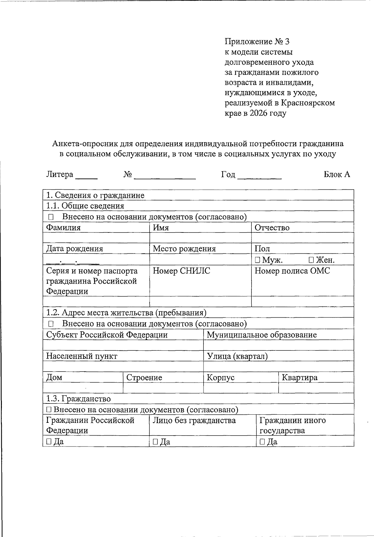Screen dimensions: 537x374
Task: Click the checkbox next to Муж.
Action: [257, 260]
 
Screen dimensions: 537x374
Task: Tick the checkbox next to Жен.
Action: [311, 260]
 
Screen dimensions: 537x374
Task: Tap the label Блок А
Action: [337, 174]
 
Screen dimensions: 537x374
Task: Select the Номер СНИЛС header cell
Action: [181, 271]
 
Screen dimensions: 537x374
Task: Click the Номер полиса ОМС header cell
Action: [292, 271]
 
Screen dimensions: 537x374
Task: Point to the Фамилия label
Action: [63, 227]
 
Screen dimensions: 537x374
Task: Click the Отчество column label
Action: [272, 227]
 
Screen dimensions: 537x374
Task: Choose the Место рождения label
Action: [184, 249]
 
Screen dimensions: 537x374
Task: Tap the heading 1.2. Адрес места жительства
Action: [126, 313]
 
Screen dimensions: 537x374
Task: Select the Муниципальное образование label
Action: [262, 335]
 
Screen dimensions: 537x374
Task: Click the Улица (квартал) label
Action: [237, 356]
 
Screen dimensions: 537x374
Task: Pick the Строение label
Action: [144, 378]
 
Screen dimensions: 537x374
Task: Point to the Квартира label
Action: [300, 378]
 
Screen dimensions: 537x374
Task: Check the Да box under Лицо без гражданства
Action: [155, 442]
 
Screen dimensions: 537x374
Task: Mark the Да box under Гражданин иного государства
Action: [262, 442]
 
